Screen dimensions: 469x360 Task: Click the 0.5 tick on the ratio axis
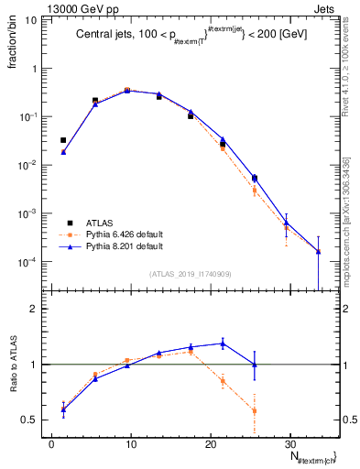click(x=28, y=420)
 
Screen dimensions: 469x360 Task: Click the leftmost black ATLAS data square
click(x=63, y=140)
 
